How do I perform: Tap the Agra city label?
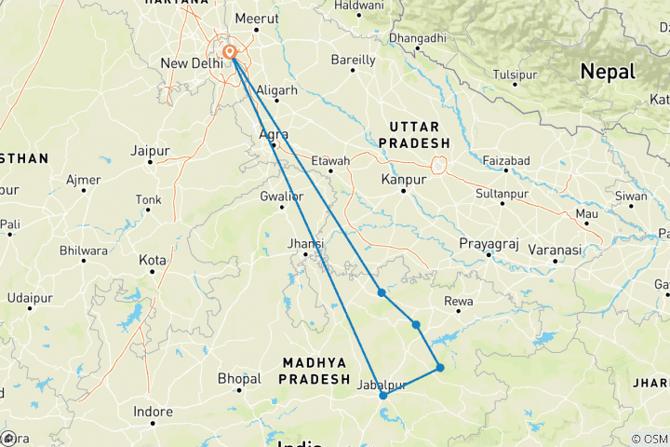pyautogui.click(x=272, y=133)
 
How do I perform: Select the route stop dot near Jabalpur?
pyautogui.click(x=383, y=396)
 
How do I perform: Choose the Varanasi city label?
pyautogui.click(x=554, y=250)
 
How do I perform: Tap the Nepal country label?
pyautogui.click(x=607, y=72)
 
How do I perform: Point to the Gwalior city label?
pyautogui.click(x=282, y=196)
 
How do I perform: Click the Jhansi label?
pyautogui.click(x=306, y=244)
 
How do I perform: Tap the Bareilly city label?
pyautogui.click(x=354, y=60)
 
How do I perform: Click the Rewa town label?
pyautogui.click(x=460, y=300)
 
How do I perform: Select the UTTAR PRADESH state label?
pyautogui.click(x=420, y=134)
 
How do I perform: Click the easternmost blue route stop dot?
pyautogui.click(x=440, y=368)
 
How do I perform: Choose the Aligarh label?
pyautogui.click(x=275, y=89)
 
